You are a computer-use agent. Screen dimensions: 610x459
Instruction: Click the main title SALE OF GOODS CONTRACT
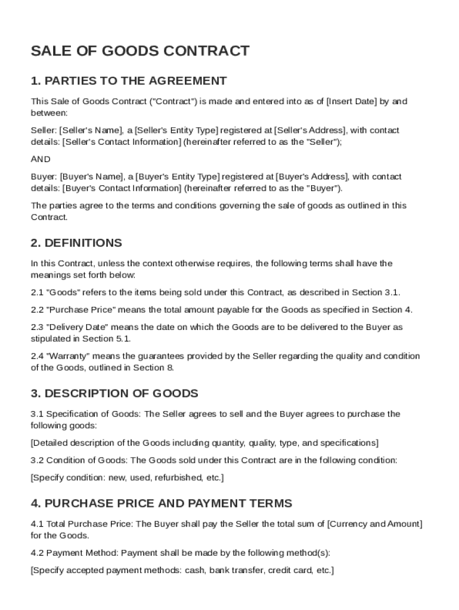click(140, 51)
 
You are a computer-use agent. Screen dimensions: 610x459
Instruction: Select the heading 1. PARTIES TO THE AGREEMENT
click(129, 81)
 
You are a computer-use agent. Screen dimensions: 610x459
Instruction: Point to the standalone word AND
click(41, 160)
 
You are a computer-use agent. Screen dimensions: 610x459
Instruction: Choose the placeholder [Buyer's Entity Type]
click(178, 177)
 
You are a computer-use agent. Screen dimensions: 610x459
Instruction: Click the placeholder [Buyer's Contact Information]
click(122, 188)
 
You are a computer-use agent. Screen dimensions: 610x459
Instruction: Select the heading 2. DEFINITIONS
click(76, 243)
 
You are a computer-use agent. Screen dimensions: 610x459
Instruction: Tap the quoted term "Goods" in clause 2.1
click(60, 292)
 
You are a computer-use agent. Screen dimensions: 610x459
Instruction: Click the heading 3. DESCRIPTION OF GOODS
click(114, 394)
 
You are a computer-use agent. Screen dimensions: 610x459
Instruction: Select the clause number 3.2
click(37, 460)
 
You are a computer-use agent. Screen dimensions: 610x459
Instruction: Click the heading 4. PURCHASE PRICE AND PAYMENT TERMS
click(162, 504)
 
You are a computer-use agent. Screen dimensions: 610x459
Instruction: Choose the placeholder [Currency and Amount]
click(375, 524)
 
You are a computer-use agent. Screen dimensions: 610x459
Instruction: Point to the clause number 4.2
click(37, 553)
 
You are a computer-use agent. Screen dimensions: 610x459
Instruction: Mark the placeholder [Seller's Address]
click(310, 130)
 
